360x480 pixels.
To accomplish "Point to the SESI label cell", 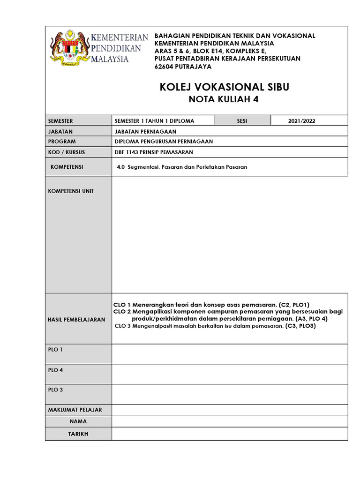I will click(242, 121).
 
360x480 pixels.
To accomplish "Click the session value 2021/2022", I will click(302, 121).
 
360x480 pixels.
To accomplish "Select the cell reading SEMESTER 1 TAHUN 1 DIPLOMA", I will click(154, 121).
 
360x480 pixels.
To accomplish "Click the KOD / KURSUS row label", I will click(67, 152).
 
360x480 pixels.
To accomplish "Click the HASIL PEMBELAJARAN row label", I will click(77, 319).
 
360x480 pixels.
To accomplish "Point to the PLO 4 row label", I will click(55, 370).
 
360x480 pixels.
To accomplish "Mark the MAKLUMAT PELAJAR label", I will click(75, 410).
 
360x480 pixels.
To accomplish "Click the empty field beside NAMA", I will click(230, 421).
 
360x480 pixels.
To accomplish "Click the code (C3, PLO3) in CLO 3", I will click(300, 326).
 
